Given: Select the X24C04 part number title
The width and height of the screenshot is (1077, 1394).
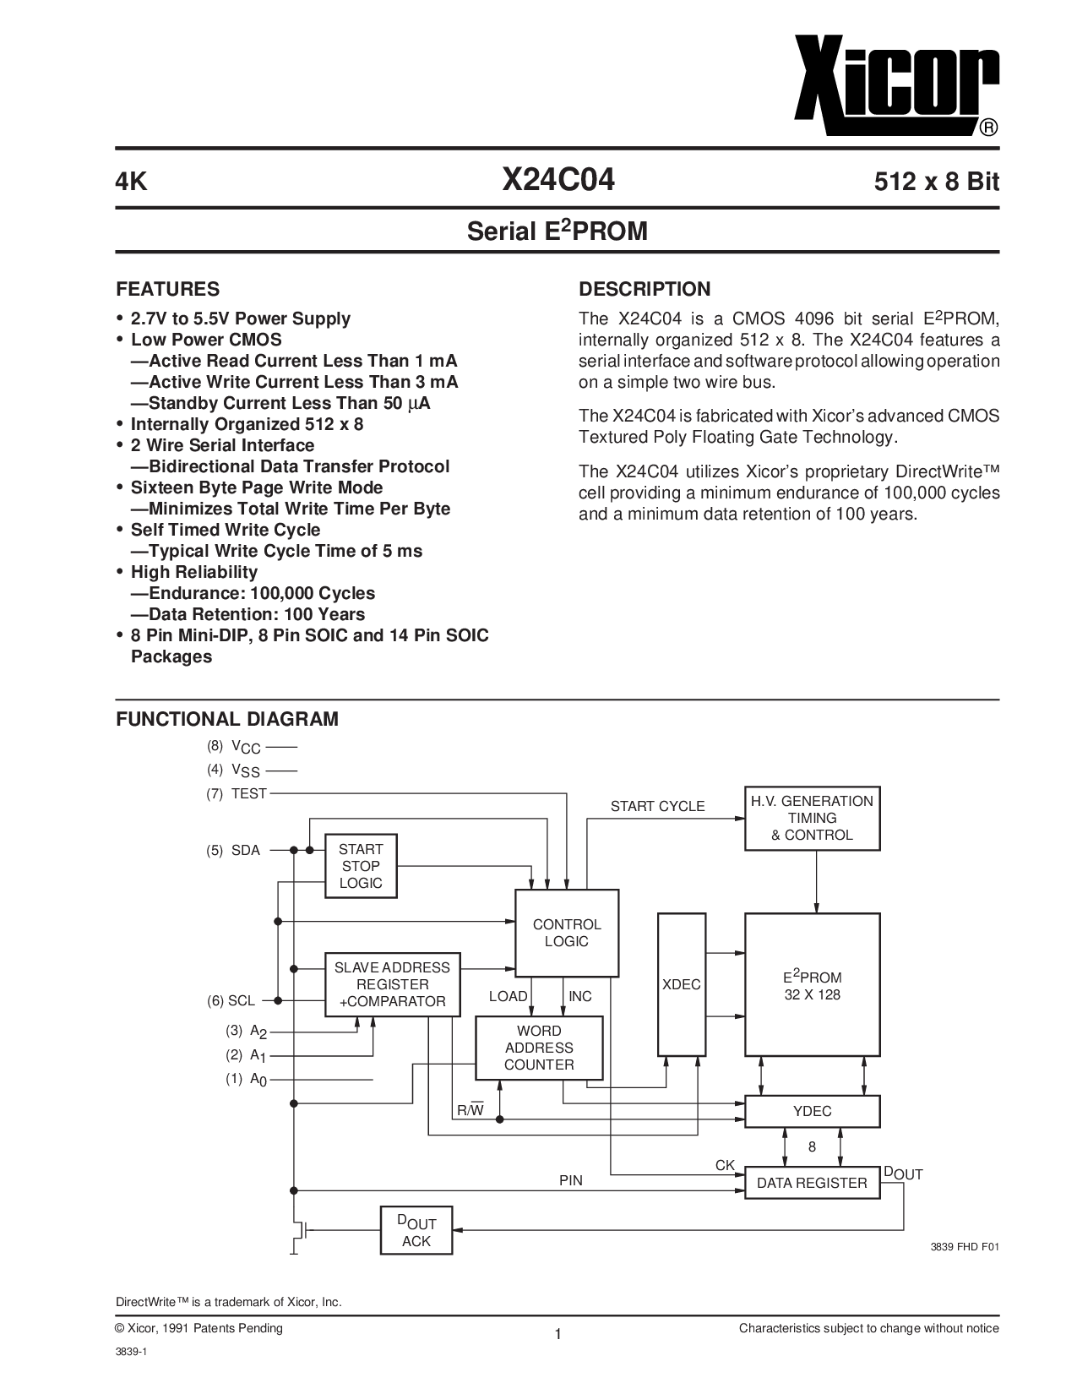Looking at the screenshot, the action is [x=558, y=180].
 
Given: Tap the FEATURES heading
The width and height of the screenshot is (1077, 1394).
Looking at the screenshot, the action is [x=167, y=289].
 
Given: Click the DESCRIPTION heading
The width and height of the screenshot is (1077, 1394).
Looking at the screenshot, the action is [x=645, y=289].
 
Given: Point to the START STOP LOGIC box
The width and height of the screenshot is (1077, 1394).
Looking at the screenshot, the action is [x=361, y=866].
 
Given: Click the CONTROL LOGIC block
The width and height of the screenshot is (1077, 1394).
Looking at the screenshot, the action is [x=567, y=933].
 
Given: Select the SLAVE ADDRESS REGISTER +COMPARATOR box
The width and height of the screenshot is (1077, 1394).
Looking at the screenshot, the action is [x=393, y=985].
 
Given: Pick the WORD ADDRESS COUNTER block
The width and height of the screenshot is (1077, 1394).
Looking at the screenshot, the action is [x=539, y=1048].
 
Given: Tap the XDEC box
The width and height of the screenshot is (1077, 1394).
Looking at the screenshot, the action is [x=681, y=985].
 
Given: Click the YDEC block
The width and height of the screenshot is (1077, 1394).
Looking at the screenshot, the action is [x=812, y=1112].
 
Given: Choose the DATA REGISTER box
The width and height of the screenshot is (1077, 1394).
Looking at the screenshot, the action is [x=812, y=1182].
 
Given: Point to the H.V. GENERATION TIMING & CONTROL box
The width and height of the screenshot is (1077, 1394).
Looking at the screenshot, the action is [x=812, y=819].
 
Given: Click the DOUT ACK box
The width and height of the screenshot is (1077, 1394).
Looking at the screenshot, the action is [x=416, y=1230].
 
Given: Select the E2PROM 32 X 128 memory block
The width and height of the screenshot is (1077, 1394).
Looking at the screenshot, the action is [x=812, y=985].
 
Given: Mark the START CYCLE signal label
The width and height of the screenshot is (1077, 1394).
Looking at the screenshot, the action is [x=657, y=806].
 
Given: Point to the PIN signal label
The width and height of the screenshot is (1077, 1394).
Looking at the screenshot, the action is [x=571, y=1180].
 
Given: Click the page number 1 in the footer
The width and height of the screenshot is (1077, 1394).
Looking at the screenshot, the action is [x=558, y=1334].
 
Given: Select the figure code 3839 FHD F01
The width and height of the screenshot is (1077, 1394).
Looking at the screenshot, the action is [x=965, y=1247].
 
